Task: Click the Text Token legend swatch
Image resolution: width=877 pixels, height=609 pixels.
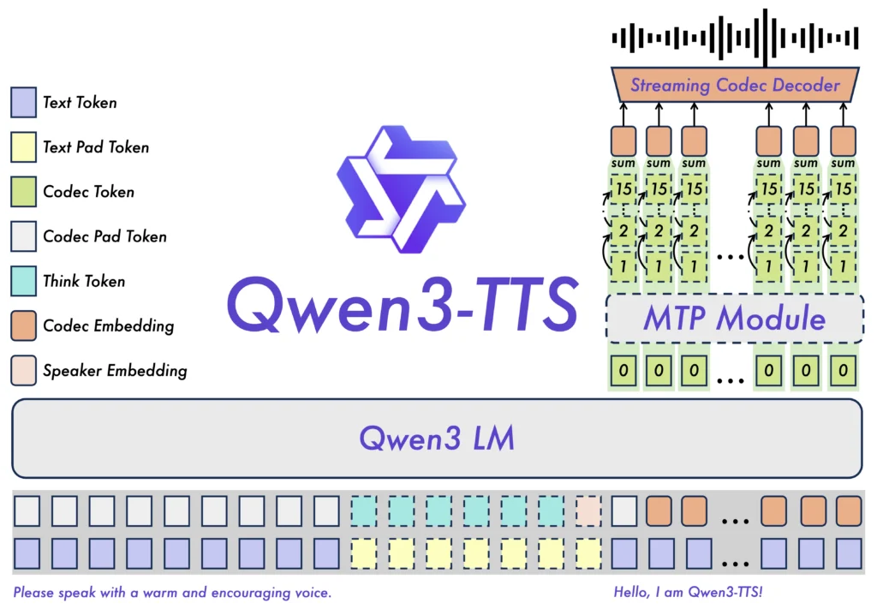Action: pyautogui.click(x=24, y=103)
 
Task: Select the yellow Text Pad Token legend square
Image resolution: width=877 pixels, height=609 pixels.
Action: pyautogui.click(x=24, y=147)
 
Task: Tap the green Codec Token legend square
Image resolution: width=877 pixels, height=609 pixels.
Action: pyautogui.click(x=24, y=192)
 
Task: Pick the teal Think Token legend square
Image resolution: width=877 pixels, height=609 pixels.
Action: pyautogui.click(x=24, y=281)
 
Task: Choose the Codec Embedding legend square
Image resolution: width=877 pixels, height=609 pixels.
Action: pyautogui.click(x=24, y=325)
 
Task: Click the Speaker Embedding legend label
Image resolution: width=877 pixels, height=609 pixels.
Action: pyautogui.click(x=115, y=371)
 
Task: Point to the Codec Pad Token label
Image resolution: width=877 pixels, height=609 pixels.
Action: pyautogui.click(x=104, y=236)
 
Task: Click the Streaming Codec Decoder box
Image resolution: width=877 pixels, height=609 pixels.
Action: pyautogui.click(x=735, y=85)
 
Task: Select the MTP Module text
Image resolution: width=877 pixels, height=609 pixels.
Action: pyautogui.click(x=734, y=319)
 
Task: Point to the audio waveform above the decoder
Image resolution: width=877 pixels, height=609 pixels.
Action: pyautogui.click(x=735, y=38)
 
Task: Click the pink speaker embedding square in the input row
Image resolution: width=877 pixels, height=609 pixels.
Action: pyautogui.click(x=588, y=510)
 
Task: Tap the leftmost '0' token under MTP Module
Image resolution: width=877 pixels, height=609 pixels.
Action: pyautogui.click(x=623, y=372)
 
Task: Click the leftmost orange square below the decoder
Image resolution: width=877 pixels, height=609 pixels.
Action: pyautogui.click(x=623, y=140)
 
